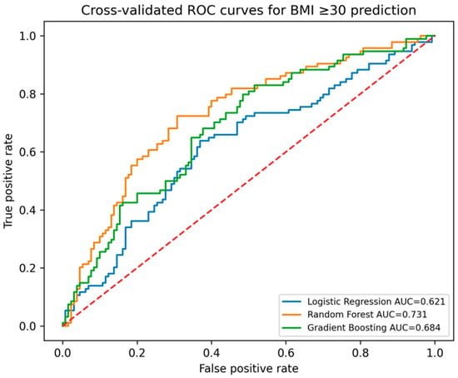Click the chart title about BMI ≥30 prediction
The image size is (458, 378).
[249, 11]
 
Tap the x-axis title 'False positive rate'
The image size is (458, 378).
[249, 368]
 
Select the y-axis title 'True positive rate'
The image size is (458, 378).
[8, 181]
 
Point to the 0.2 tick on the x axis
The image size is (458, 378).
[137, 352]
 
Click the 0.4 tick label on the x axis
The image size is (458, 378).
[212, 352]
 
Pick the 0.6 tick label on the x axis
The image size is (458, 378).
[286, 352]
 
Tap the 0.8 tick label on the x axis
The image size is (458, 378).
[361, 352]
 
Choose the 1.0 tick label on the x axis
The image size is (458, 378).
[435, 352]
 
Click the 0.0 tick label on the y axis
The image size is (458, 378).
[27, 326]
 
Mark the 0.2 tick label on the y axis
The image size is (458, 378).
[27, 268]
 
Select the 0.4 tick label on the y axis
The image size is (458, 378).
[27, 210]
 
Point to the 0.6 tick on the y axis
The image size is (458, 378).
[27, 152]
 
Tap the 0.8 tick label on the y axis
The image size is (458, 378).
[27, 94]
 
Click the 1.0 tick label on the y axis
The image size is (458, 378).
[27, 36]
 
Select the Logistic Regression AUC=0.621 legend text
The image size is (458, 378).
[376, 301]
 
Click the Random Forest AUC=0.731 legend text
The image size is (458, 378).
[367, 315]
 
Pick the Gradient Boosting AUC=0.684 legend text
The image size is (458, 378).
[374, 327]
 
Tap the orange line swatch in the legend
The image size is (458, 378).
[291, 315]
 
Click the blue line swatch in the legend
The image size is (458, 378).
[291, 301]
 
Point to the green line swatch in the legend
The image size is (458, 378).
[291, 328]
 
